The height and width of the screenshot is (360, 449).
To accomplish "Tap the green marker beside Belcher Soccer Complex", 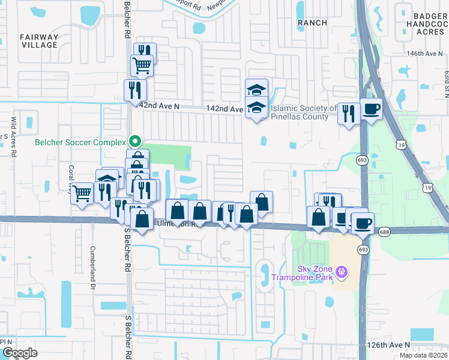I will [136, 142].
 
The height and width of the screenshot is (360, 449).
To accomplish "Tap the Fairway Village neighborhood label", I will [39, 41].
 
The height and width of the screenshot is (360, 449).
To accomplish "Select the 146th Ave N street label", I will [424, 54].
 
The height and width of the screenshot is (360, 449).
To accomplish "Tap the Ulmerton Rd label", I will [174, 224].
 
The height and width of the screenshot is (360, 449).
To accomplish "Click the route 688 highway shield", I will [384, 232].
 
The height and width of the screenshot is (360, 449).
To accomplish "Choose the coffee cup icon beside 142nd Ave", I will [372, 109].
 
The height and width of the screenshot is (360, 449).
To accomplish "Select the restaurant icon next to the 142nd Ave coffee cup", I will [348, 112].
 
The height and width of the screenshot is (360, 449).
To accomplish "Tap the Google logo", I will [20, 353].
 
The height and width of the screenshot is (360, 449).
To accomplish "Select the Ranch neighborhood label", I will [312, 23].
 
